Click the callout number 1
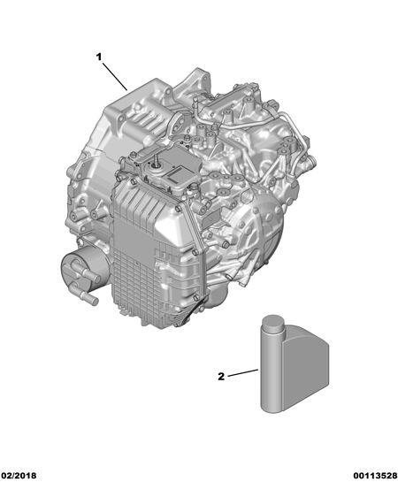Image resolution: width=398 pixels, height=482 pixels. pos(99,57)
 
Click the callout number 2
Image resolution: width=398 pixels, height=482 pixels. pos(221,377)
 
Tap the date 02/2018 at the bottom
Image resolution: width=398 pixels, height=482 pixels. pos(19,476)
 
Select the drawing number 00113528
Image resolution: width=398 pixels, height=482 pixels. pos(375,476)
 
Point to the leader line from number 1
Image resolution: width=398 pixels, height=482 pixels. pos(115,77)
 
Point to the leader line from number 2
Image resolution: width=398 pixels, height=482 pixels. pos(243,373)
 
